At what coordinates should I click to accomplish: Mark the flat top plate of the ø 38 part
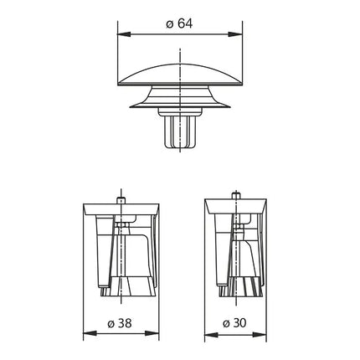[x=124, y=207]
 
